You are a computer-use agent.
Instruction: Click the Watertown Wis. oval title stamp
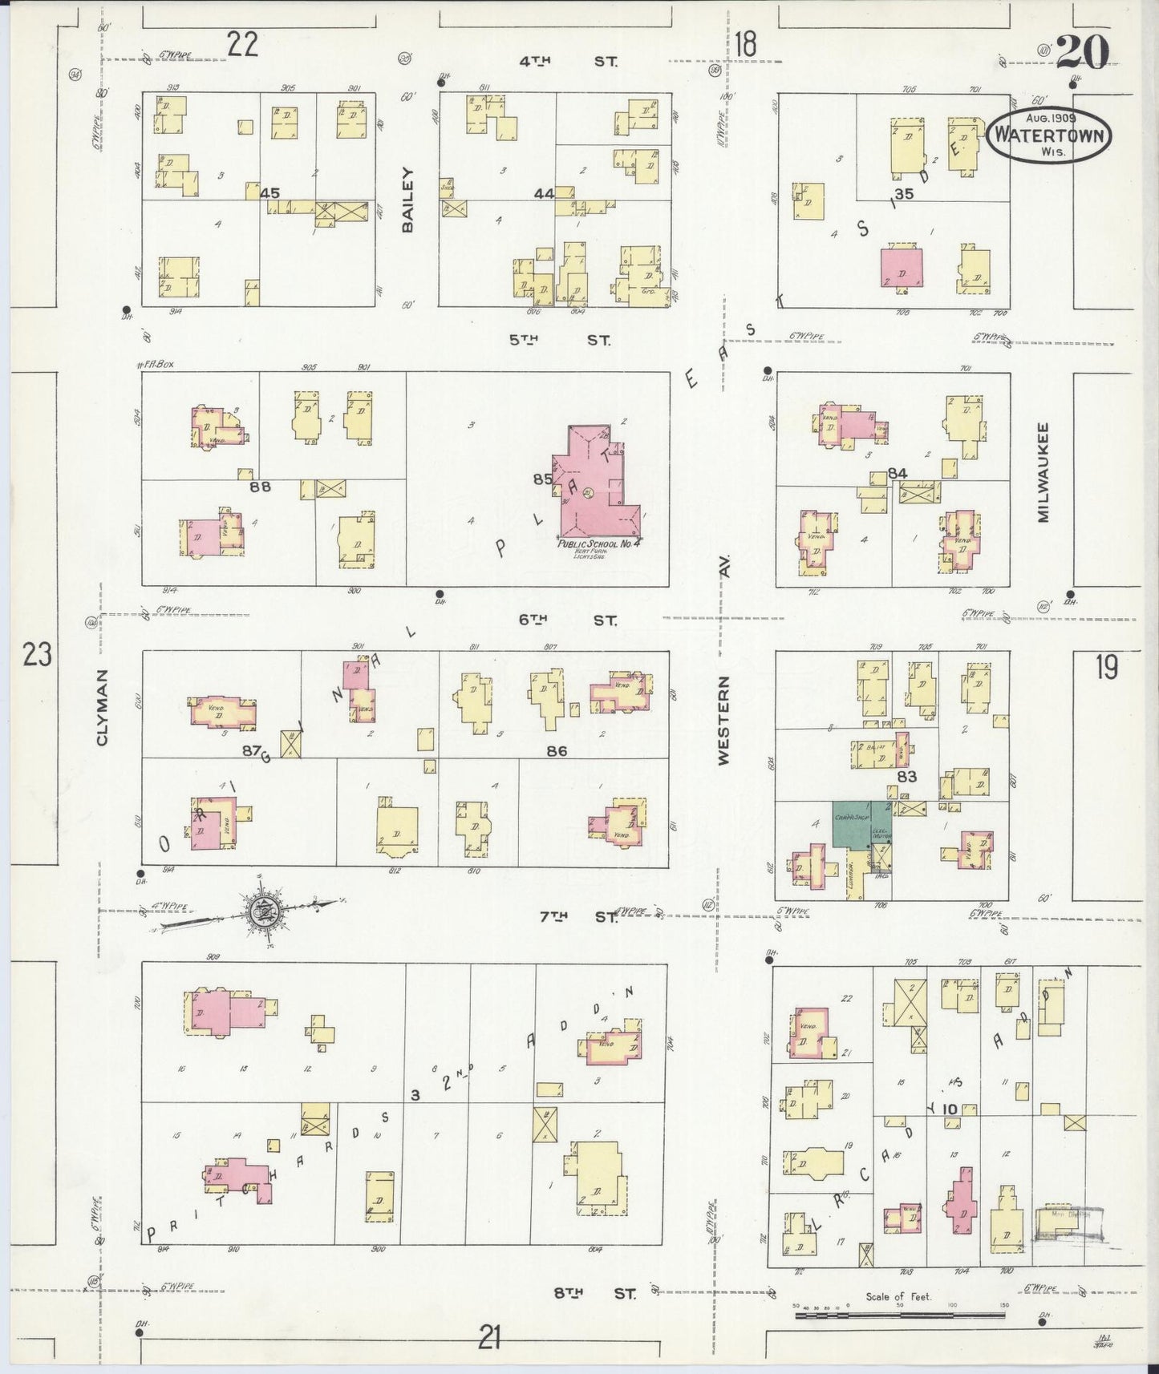point(1049,135)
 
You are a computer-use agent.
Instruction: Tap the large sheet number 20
point(1083,53)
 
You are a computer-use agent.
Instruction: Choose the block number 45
point(269,193)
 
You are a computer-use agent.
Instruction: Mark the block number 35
point(904,193)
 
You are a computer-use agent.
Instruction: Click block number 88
point(260,487)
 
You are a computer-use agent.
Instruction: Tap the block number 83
point(907,776)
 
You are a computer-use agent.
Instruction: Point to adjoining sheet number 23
point(38,656)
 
